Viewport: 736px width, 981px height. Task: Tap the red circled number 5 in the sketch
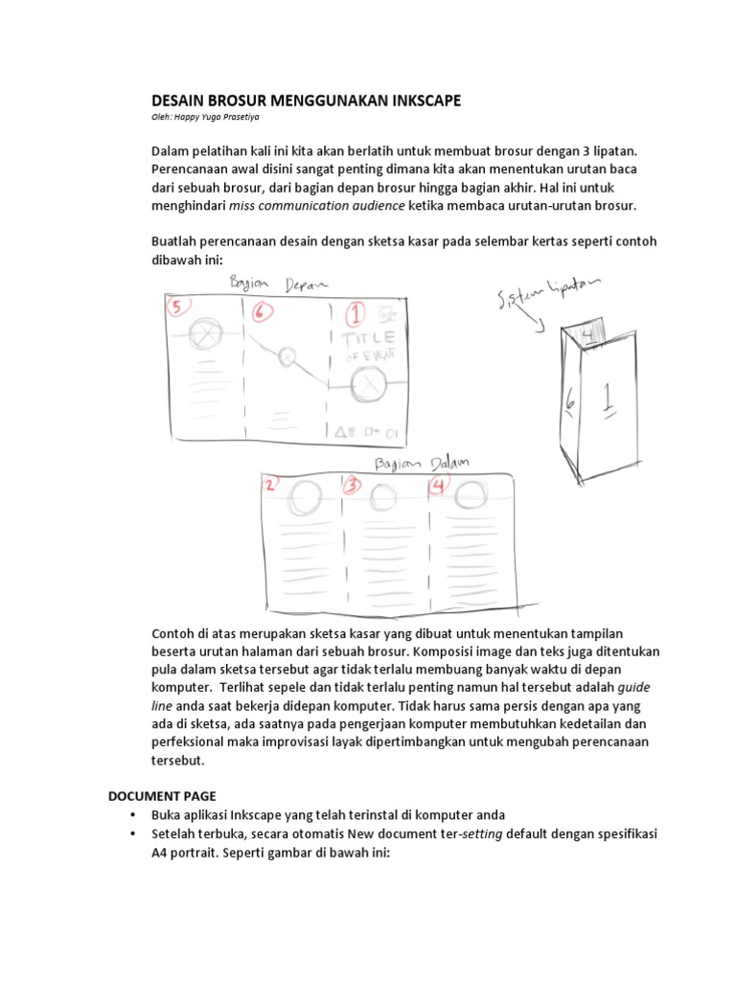[x=178, y=307]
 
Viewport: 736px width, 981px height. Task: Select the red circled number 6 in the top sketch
[x=264, y=310]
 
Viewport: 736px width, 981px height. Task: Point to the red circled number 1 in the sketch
[x=356, y=313]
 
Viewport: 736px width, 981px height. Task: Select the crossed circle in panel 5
[x=203, y=333]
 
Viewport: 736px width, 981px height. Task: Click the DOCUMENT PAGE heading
[x=161, y=796]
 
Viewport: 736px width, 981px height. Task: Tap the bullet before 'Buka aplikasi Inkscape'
[x=131, y=815]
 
